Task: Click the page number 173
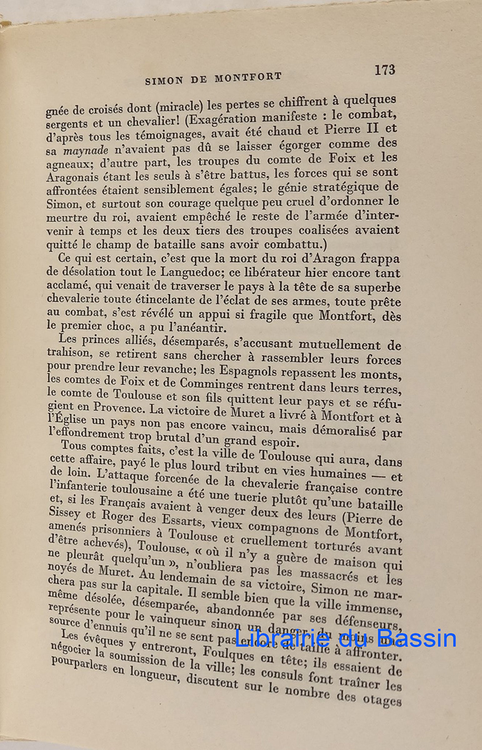[x=384, y=70]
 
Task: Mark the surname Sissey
[x=66, y=516]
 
